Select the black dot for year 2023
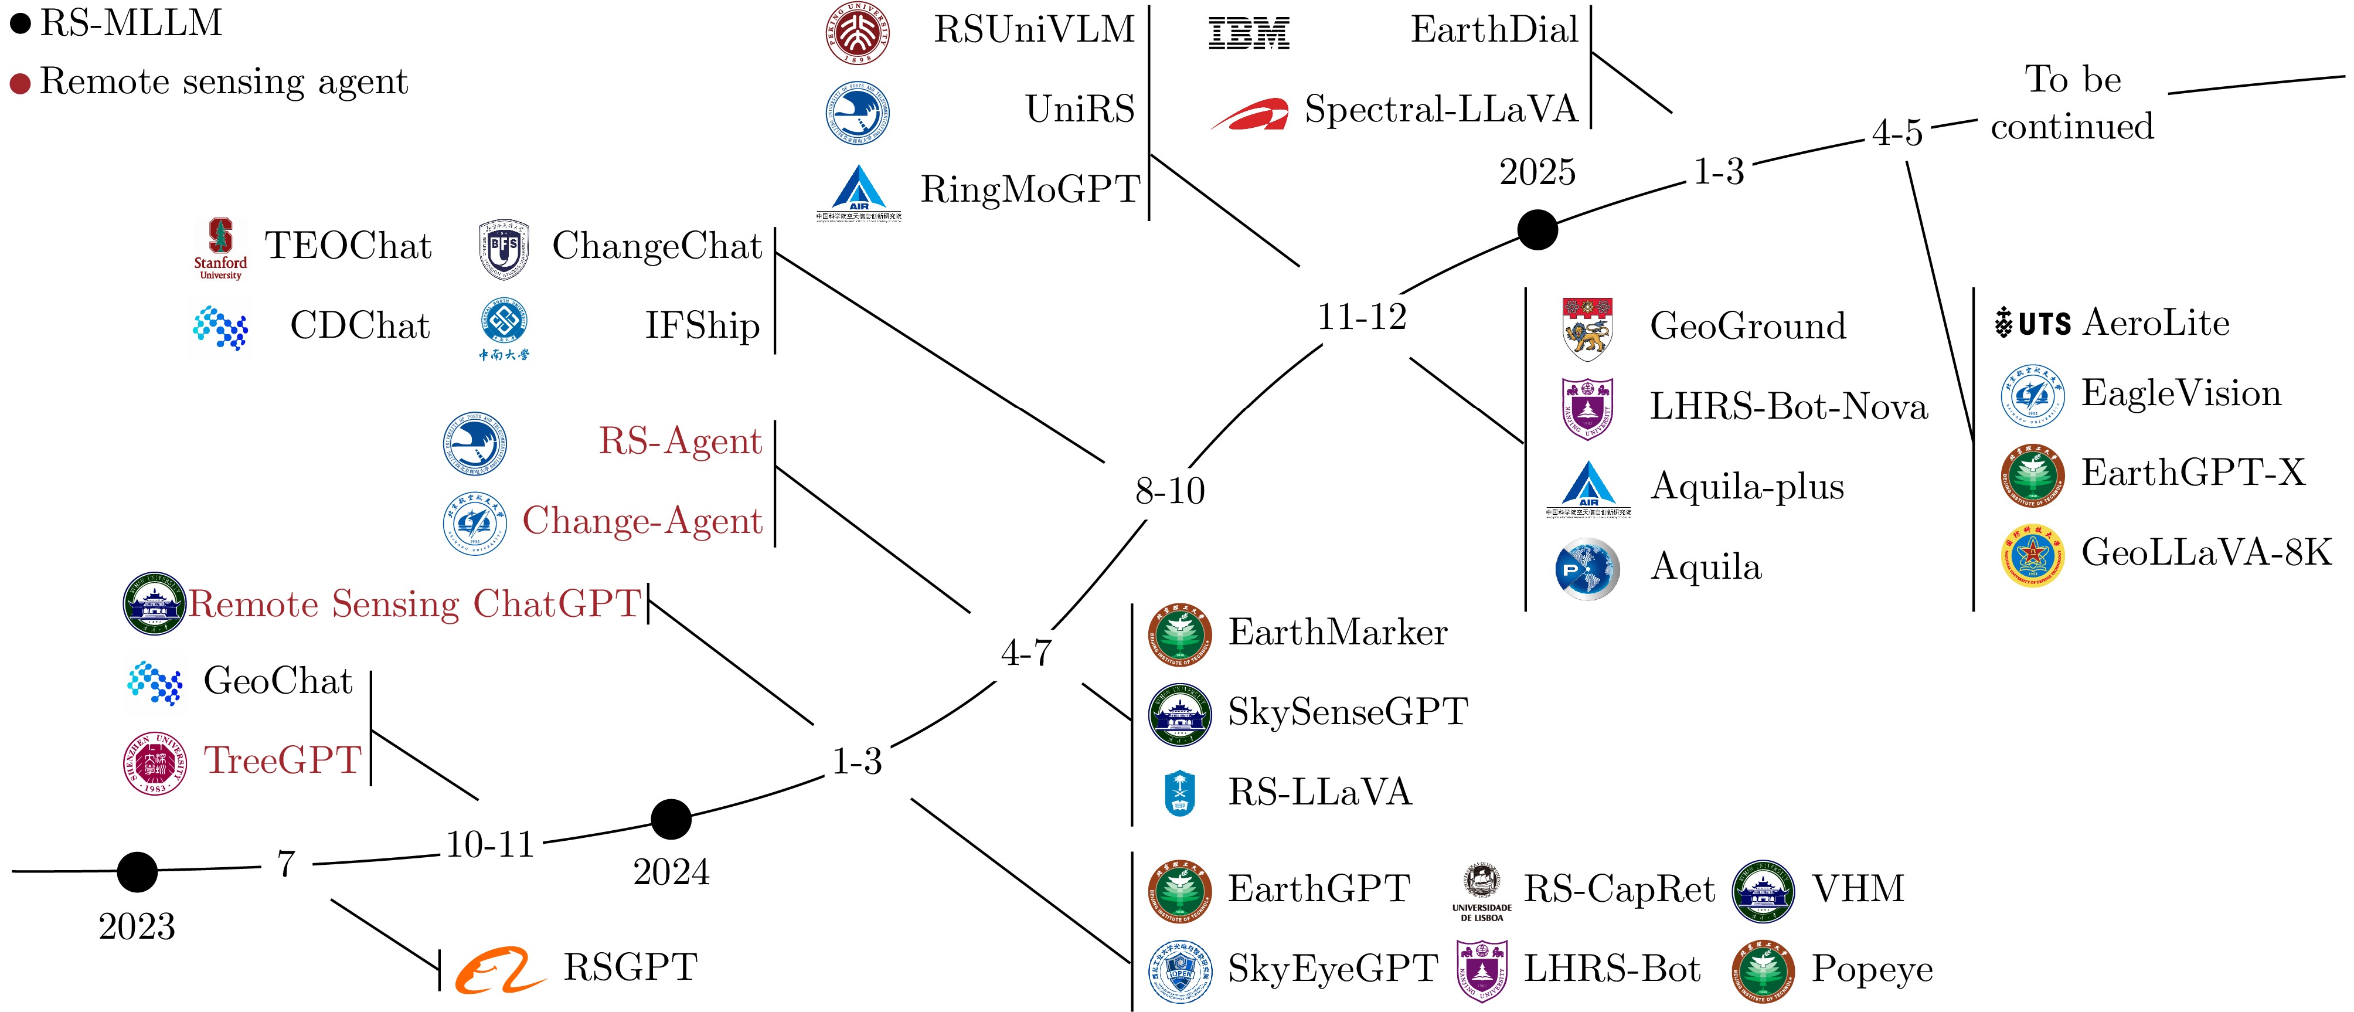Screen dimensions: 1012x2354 point(137,871)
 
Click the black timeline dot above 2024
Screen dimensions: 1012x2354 point(671,819)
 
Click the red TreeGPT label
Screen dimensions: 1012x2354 point(283,760)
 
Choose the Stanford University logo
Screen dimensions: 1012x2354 point(220,248)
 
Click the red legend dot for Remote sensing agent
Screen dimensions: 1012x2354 point(20,84)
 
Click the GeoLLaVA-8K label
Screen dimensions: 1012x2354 point(2206,552)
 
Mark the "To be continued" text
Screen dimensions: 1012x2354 point(2073,103)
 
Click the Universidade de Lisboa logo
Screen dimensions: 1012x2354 point(1481,889)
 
